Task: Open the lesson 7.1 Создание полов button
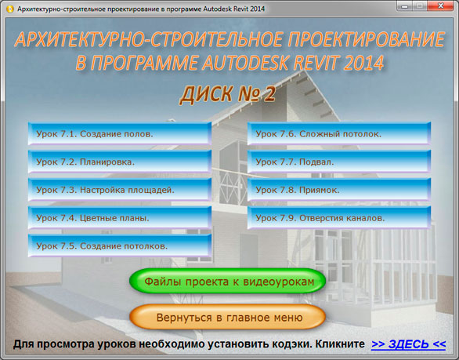(x=120, y=133)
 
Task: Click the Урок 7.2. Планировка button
(x=120, y=162)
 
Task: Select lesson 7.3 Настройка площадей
(x=120, y=190)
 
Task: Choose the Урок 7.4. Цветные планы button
(x=120, y=218)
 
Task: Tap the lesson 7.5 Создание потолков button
(x=120, y=245)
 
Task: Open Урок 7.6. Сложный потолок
(x=339, y=133)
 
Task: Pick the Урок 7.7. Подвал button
(x=339, y=162)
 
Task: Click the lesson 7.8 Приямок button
(x=339, y=190)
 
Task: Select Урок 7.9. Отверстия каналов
(x=339, y=218)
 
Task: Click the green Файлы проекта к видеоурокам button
(x=228, y=281)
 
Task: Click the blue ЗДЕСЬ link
(x=409, y=344)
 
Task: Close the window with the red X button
(x=441, y=5)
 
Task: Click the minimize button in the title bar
(x=404, y=5)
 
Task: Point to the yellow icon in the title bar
(x=10, y=9)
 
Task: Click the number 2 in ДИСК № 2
(x=270, y=95)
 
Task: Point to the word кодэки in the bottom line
(x=291, y=344)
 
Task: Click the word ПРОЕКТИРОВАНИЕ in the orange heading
(x=367, y=39)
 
